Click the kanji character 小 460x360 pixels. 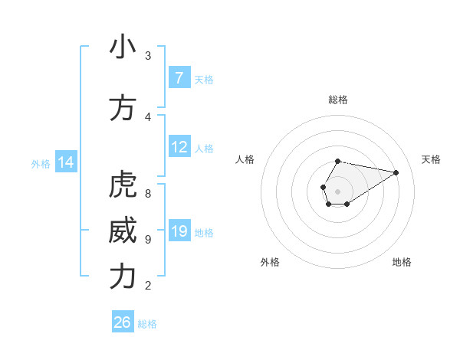pos(122,47)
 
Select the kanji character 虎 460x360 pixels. pos(122,185)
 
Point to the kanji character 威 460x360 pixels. pos(122,231)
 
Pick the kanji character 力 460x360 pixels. pos(122,277)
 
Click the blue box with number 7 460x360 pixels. pos(179,78)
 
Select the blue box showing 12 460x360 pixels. pos(179,147)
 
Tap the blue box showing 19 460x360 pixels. pos(179,231)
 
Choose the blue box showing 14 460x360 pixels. pos(66,162)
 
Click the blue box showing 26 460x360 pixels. pos(123,322)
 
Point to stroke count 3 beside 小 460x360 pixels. pos(148,56)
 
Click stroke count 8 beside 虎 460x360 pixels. pos(148,194)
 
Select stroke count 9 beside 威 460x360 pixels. pos(148,240)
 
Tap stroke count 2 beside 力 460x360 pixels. pos(148,286)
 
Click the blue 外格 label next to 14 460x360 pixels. pos(41,163)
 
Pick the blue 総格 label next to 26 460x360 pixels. pos(147,324)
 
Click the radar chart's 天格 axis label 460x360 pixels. pos(431,159)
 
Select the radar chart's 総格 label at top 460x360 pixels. pos(337,100)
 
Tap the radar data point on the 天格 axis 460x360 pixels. pos(396,172)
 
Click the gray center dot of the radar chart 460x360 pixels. pos(337,190)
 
